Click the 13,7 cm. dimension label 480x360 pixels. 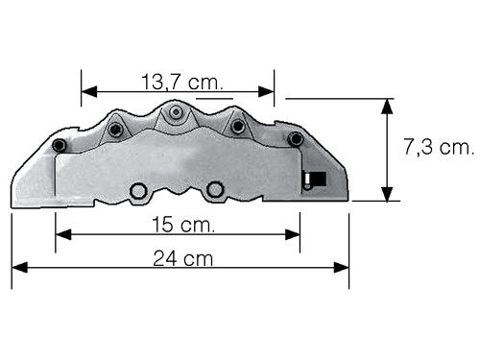pyautogui.click(x=181, y=82)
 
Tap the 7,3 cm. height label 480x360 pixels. pyautogui.click(x=439, y=147)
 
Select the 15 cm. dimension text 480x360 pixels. pyautogui.click(x=183, y=225)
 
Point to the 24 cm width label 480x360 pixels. pyautogui.click(x=182, y=258)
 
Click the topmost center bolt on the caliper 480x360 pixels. pyautogui.click(x=176, y=112)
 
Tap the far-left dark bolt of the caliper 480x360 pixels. pyautogui.click(x=60, y=145)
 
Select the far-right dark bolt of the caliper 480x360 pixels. pyautogui.click(x=295, y=139)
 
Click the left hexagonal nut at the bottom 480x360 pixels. pyautogui.click(x=138, y=191)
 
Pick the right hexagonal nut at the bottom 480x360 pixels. pyautogui.click(x=215, y=190)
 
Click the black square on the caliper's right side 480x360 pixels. pyautogui.click(x=318, y=179)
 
